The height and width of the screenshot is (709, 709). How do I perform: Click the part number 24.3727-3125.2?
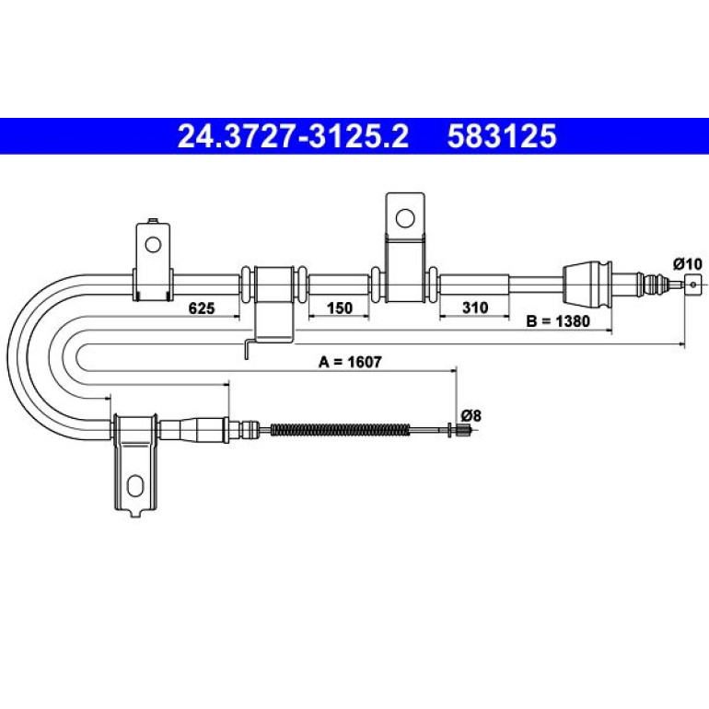(x=293, y=136)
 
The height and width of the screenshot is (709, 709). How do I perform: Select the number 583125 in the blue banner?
(x=502, y=136)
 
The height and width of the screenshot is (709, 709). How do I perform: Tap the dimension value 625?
(x=202, y=308)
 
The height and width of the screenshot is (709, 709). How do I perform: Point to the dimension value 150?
(x=339, y=308)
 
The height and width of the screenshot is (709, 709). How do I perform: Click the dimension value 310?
(x=475, y=308)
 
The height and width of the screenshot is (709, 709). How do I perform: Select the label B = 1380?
(x=558, y=321)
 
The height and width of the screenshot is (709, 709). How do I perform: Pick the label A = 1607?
(x=351, y=362)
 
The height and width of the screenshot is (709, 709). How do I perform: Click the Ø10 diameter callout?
(x=687, y=263)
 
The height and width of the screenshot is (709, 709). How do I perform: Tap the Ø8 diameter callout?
(x=471, y=415)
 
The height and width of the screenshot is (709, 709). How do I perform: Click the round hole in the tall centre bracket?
(x=405, y=218)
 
